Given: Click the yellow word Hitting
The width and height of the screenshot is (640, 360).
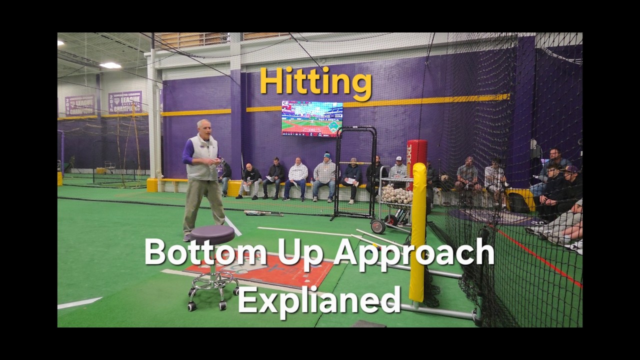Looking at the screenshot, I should [x=315, y=81].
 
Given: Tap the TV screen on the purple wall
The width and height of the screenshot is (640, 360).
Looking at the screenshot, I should [x=312, y=118].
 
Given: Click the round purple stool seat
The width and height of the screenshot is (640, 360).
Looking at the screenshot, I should [x=212, y=234].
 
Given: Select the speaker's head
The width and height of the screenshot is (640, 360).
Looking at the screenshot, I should [x=203, y=127].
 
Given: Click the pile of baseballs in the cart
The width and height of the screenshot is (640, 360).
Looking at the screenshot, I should [x=396, y=194].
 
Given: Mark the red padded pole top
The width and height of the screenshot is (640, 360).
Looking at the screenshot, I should [x=416, y=152].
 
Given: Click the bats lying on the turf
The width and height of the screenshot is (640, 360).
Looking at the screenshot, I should [x=263, y=213].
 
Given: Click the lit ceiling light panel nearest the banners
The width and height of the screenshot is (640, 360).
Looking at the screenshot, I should [x=110, y=65].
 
